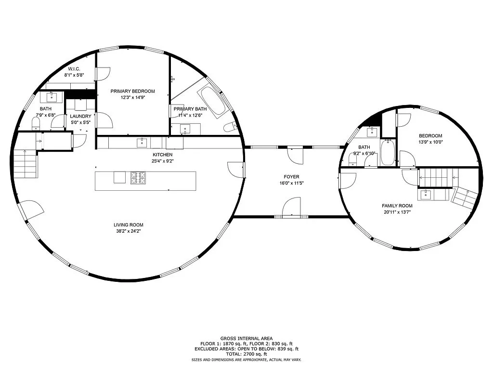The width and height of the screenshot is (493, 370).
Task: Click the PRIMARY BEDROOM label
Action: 133,91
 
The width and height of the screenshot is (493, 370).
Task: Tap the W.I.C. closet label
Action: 74,69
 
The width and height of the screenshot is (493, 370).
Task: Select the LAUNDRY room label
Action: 80,117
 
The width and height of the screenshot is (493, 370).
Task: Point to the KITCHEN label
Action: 163,155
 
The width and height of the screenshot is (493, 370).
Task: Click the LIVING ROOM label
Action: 128,225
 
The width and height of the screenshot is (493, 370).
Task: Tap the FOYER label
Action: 291,177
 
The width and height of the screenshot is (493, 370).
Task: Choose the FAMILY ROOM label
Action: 397,206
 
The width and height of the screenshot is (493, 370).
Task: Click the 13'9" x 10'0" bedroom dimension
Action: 430,142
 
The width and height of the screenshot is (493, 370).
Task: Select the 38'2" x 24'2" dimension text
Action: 128,231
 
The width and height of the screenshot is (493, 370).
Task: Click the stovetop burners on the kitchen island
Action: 138,177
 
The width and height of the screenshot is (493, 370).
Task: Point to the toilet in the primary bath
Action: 230,127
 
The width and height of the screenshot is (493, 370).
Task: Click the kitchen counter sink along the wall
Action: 142,143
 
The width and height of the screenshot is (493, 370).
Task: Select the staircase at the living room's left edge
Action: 26,164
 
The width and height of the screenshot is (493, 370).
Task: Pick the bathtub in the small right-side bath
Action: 388,152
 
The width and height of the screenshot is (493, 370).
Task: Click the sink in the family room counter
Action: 426,195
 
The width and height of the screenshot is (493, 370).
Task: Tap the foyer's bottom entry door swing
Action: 292,207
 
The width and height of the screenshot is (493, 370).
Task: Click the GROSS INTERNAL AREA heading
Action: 246,339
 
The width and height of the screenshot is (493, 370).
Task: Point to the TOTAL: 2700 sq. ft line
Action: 246,354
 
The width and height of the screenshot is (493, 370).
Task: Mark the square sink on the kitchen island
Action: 119,177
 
